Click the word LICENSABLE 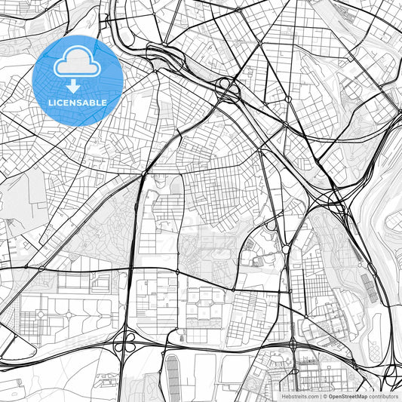pos(78,102)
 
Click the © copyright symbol pos(324,396)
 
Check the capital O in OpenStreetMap pos(330,396)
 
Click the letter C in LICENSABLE pos(59,102)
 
